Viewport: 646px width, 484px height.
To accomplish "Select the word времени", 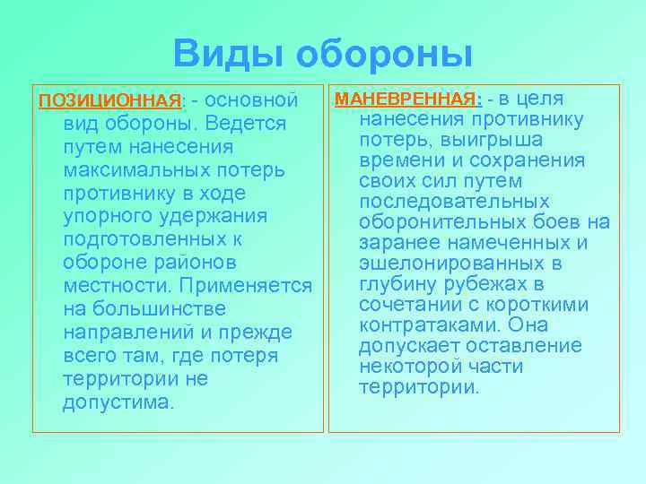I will click(398, 160).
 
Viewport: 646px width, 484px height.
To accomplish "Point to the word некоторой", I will click(405, 367).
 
